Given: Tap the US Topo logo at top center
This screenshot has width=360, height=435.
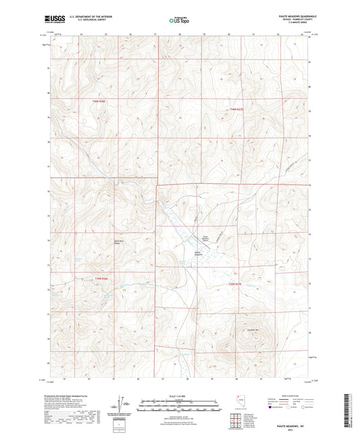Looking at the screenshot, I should click(175, 21).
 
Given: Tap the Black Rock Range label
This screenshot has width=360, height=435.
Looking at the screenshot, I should click(118, 241).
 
